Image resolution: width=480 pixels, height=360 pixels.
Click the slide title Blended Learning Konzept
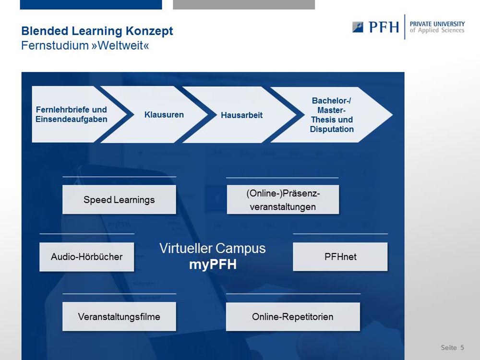coord(97,31)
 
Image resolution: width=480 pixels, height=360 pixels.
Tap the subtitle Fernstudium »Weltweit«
coord(85,46)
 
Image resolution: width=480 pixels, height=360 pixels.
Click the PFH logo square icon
coord(358,27)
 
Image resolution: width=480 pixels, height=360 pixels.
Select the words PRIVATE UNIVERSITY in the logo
coord(437,24)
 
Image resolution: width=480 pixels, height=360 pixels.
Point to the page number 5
coord(462,348)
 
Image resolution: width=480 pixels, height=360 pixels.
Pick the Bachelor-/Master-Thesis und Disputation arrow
coord(331,115)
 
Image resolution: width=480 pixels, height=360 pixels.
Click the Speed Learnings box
coord(119,199)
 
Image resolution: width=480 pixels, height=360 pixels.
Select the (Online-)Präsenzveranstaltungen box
coord(283,200)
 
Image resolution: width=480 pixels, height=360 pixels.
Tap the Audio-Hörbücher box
coord(86,257)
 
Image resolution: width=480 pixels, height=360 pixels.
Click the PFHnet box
coord(340,256)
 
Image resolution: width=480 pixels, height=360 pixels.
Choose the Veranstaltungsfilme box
coord(119,316)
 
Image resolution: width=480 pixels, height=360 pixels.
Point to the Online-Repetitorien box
coord(293,316)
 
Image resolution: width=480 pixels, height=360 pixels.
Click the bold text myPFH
coord(213,264)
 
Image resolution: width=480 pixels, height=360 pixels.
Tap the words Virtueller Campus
coord(213,248)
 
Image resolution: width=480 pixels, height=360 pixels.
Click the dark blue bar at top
coord(91,5)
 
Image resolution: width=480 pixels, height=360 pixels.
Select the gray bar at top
coord(244,5)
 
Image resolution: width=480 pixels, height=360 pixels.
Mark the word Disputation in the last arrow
coord(332,129)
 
